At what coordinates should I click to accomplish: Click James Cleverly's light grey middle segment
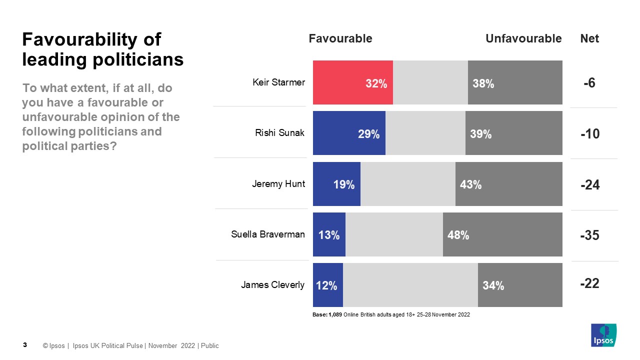(410, 285)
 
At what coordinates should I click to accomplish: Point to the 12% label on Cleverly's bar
(326, 286)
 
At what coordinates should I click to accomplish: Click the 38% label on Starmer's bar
(483, 84)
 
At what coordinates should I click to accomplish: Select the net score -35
(589, 235)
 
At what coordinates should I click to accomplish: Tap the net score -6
(589, 83)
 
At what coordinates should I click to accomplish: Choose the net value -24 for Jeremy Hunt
(590, 185)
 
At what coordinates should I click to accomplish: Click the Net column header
(589, 38)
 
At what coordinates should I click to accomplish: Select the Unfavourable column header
(523, 38)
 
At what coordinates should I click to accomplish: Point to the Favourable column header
(340, 38)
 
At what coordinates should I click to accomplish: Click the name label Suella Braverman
(268, 234)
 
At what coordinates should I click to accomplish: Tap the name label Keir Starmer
(278, 82)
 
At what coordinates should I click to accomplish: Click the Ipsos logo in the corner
(603, 335)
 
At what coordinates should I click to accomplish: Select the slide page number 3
(25, 345)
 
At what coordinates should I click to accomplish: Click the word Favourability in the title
(91, 39)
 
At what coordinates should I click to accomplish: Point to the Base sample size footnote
(391, 315)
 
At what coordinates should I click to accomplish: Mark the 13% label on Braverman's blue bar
(329, 235)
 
